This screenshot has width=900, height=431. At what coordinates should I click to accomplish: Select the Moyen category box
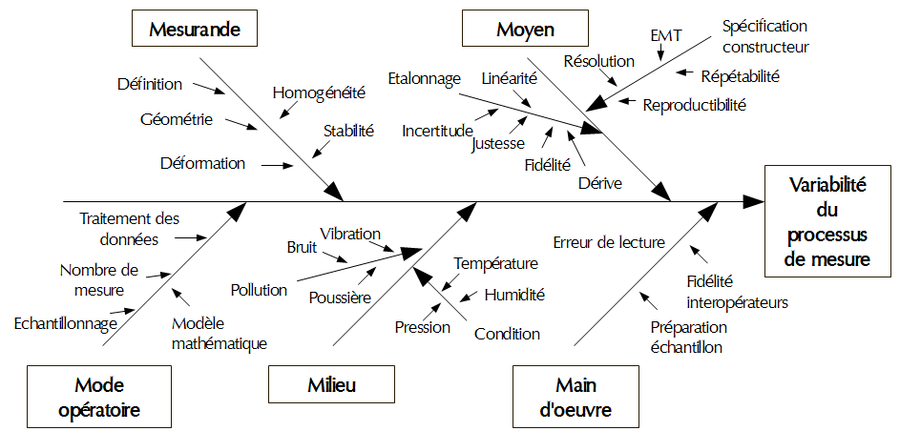point(525,30)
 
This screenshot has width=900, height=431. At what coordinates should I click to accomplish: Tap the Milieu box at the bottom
point(331,386)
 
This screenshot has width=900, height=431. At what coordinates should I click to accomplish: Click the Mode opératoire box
point(99,397)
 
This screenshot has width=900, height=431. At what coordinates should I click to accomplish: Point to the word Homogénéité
point(319,93)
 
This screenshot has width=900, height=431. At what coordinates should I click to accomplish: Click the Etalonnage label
point(424,78)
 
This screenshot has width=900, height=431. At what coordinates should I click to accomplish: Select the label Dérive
point(600,182)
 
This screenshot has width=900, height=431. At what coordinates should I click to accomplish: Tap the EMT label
point(666,35)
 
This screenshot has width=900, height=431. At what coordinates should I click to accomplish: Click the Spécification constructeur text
point(765,36)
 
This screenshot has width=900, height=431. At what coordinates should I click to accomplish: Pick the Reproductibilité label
point(694,105)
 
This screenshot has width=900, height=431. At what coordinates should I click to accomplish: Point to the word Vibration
point(350,234)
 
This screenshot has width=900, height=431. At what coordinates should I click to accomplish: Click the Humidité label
point(514,295)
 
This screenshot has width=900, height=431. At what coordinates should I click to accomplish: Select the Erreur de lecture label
point(609,242)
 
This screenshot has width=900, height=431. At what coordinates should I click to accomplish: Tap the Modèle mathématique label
point(219,334)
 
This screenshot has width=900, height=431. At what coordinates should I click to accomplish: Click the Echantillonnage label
point(65,323)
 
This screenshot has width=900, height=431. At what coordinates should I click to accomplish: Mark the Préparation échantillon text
point(687,337)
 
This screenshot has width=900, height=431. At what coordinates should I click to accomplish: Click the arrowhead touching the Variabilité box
point(754,201)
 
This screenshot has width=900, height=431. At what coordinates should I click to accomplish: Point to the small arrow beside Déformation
point(276,165)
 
